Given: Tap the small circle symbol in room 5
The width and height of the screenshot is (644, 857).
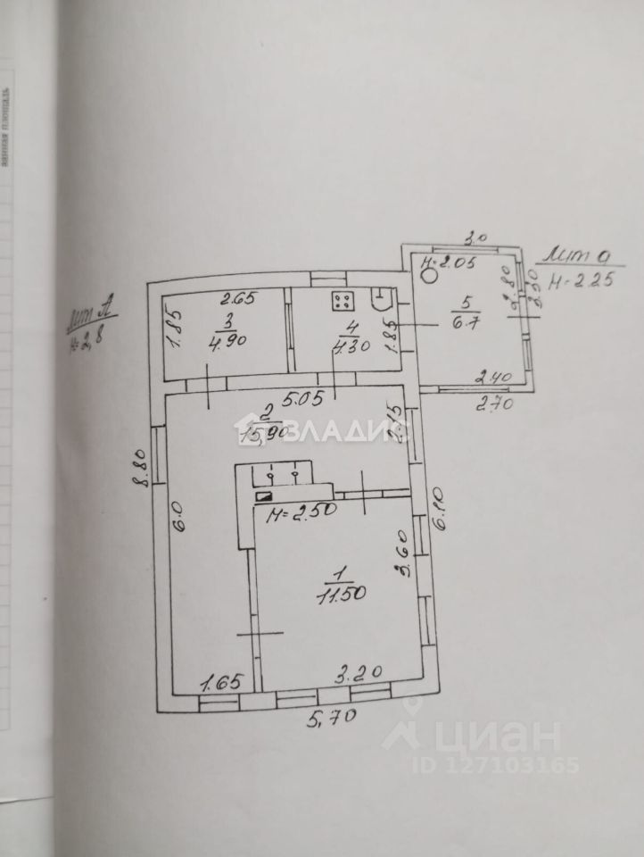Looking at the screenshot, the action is pyautogui.click(x=429, y=276).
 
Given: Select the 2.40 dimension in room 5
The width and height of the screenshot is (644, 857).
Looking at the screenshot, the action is pyautogui.click(x=491, y=379).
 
